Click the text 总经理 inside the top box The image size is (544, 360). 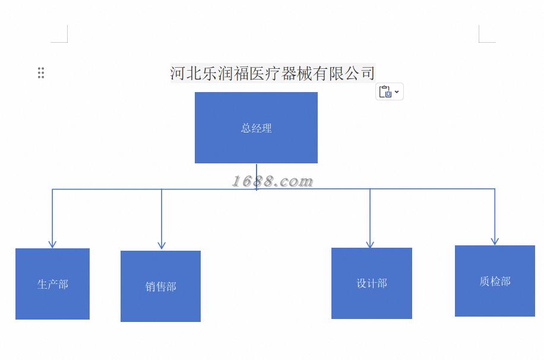tap(256, 128)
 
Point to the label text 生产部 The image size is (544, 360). tap(52, 284)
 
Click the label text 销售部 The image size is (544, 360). tap(160, 286)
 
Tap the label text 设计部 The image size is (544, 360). tap(371, 283)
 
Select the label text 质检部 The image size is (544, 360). tap(495, 281)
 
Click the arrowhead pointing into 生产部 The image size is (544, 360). tap(52, 244)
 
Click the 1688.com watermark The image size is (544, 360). tap(272, 181)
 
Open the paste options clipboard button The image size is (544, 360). tap(385, 91)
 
